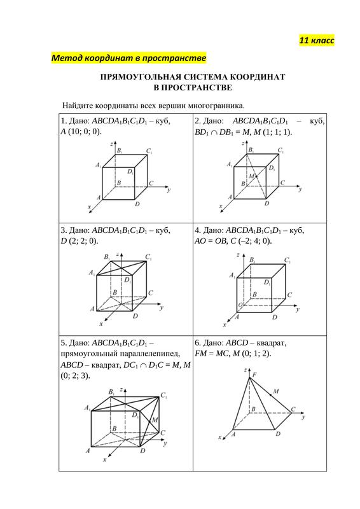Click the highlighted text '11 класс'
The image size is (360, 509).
[317, 41]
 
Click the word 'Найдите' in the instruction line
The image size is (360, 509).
[74, 106]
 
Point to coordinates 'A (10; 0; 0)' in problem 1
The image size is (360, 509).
[81, 132]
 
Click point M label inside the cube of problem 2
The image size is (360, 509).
[252, 176]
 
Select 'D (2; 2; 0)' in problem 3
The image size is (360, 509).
[79, 241]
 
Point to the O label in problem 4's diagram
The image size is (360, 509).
[240, 305]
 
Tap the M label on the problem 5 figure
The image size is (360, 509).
[155, 420]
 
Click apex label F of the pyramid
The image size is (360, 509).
[254, 375]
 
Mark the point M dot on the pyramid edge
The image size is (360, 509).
[271, 394]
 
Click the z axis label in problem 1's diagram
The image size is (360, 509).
[112, 143]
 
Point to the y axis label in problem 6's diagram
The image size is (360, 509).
[303, 417]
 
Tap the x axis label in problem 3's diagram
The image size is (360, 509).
[101, 324]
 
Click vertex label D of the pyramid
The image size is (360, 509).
[278, 434]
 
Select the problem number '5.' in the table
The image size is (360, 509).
[64, 343]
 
